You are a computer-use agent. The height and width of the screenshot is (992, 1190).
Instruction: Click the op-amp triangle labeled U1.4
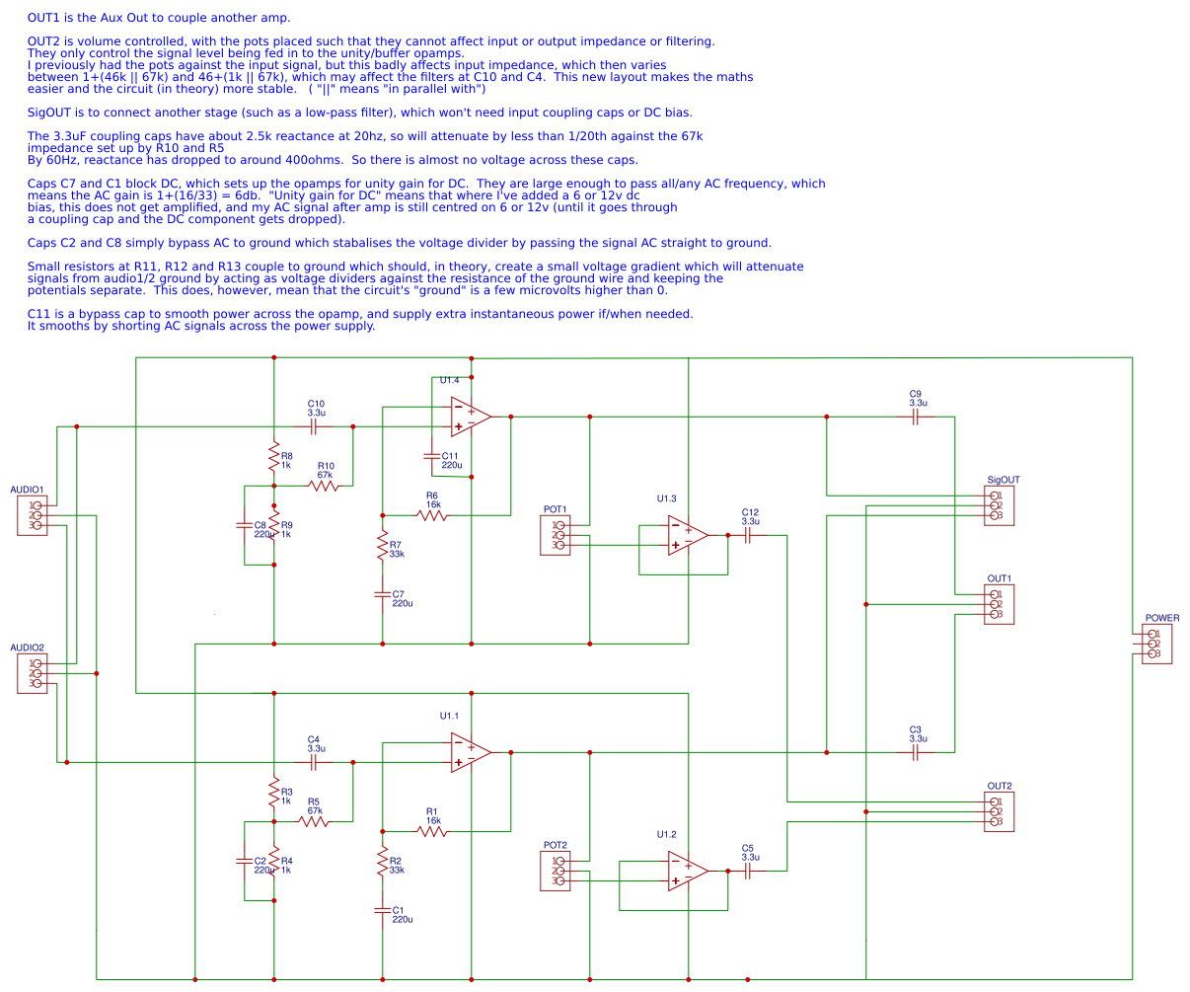pos(469,417)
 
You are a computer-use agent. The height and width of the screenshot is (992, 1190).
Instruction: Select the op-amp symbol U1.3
pos(687,535)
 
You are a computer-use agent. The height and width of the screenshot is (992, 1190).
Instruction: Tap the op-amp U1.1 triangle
pos(469,752)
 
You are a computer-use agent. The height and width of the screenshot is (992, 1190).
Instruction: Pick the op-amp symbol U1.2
pos(687,871)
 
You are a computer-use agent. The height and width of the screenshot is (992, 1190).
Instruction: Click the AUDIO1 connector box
pos(33,515)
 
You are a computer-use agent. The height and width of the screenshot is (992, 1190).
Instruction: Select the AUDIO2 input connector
pos(33,673)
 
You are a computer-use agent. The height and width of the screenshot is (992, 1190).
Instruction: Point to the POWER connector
pos(1156,644)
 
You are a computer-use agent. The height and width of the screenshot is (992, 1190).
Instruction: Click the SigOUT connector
pos(999,505)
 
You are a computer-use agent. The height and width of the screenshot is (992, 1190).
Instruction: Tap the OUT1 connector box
pos(999,604)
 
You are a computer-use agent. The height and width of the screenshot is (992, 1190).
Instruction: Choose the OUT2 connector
pos(999,811)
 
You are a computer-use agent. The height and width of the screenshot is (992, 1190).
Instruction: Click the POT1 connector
pos(556,535)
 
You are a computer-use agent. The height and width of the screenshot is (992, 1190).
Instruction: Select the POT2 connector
pos(556,871)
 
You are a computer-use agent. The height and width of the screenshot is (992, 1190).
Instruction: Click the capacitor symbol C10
pos(314,426)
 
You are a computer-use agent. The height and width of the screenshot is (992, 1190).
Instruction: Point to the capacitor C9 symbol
pos(916,417)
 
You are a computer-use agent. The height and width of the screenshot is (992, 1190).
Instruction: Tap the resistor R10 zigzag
pos(324,486)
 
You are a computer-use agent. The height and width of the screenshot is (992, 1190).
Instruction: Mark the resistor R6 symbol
pos(432,515)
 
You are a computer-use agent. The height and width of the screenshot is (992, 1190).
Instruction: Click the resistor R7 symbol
pos(382,545)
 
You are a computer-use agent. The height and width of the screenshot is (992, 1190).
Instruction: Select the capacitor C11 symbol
pos(431,456)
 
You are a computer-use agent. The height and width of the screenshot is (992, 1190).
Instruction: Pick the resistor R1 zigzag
pos(432,831)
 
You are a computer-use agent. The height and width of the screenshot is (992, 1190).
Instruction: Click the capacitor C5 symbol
pos(747,871)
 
